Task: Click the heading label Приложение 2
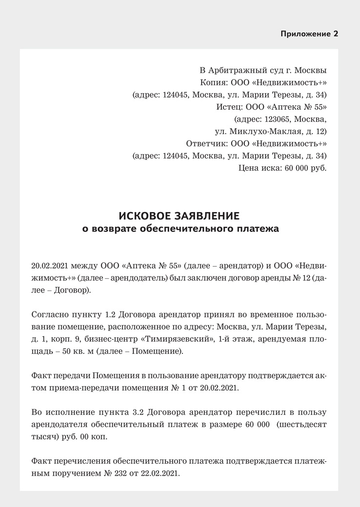(x=309, y=34)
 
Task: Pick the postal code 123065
(x=278, y=119)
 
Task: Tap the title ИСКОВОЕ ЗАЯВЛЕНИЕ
(x=180, y=215)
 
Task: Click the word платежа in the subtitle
(x=259, y=229)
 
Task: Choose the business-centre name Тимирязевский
(x=175, y=339)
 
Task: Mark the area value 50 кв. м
(x=76, y=351)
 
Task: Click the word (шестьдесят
(x=301, y=424)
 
